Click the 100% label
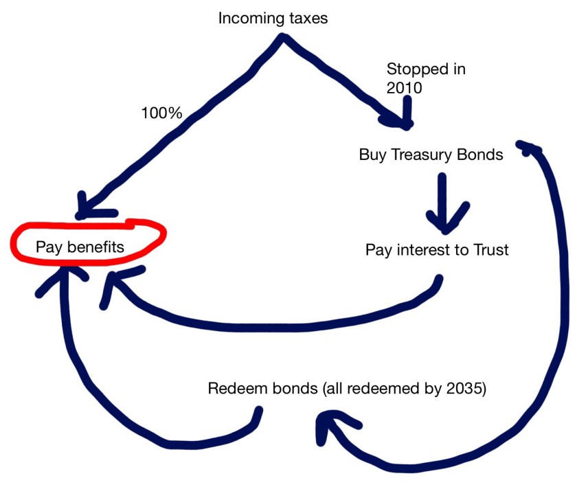(x=161, y=113)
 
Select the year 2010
(x=405, y=88)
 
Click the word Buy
(x=372, y=155)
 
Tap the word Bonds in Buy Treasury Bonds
(x=480, y=155)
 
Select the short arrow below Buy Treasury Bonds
(x=442, y=203)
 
